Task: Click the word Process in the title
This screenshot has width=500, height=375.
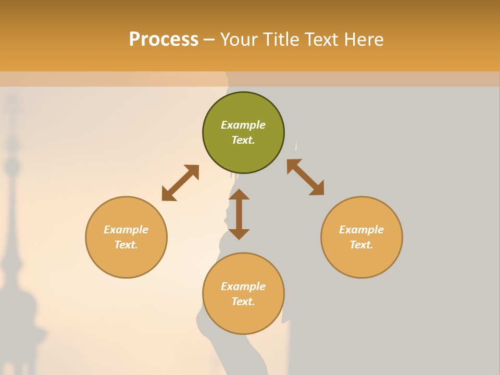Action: (x=164, y=40)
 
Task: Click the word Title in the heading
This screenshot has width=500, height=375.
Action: (x=280, y=40)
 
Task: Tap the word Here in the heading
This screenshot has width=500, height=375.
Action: (x=364, y=40)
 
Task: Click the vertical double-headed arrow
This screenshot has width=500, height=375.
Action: (x=239, y=214)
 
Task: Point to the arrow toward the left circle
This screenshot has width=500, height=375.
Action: (x=180, y=183)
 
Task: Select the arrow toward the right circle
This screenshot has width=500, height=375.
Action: (x=305, y=177)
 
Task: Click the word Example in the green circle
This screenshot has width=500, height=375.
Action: (x=243, y=125)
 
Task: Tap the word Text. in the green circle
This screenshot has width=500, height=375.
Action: (x=243, y=140)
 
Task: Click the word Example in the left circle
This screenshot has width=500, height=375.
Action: (x=126, y=230)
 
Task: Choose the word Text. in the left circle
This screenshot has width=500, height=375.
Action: (x=126, y=245)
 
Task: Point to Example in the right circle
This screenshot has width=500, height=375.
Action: (x=361, y=230)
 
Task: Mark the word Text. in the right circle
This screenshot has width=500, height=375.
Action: (x=361, y=245)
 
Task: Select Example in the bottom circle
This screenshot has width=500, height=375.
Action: (x=243, y=286)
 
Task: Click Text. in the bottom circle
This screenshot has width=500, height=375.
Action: (x=243, y=302)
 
